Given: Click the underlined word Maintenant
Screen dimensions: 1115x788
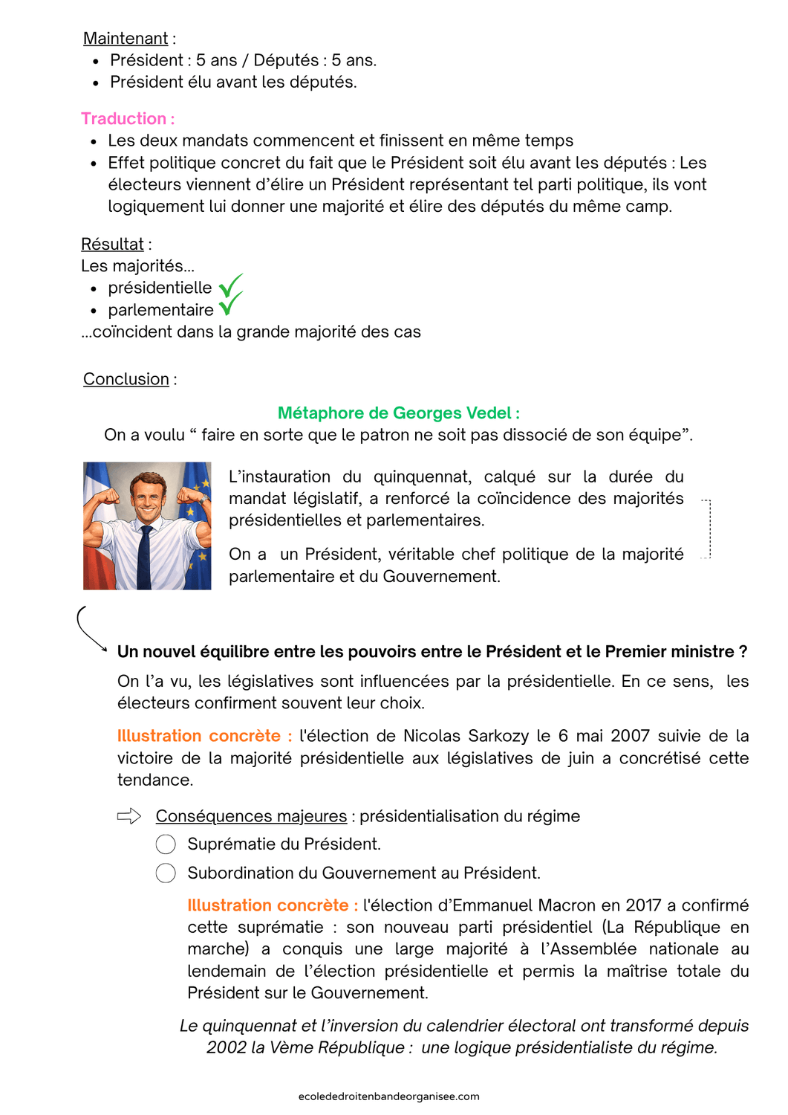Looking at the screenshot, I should point(126,39).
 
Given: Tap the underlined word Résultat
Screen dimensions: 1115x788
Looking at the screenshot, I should point(112,245).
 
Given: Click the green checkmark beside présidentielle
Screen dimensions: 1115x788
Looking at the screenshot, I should point(230,285).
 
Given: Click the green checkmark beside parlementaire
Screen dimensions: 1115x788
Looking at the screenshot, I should point(230,305).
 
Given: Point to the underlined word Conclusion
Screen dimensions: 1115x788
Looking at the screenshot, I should point(126,379).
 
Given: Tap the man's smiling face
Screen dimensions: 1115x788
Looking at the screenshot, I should point(147,498).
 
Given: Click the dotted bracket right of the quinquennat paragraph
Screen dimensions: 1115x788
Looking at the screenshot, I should point(707,529).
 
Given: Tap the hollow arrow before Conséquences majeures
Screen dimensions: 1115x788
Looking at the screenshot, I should point(129,816).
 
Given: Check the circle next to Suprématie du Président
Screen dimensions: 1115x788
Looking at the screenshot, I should point(166,844).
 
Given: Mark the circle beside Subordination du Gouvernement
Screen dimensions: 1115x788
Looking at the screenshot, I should point(166,873).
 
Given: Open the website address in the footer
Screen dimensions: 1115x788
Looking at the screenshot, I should point(388,1096).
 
